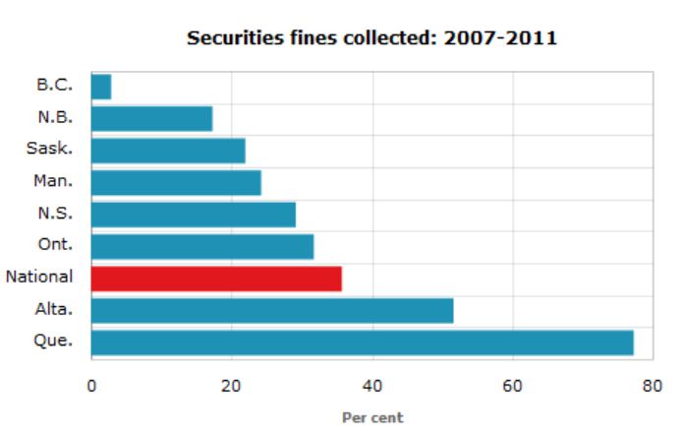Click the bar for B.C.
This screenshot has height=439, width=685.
(x=101, y=87)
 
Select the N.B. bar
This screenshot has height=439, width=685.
(x=151, y=119)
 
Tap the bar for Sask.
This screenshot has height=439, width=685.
(x=168, y=151)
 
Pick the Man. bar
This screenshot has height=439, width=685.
(x=176, y=183)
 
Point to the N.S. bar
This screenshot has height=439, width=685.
(x=194, y=215)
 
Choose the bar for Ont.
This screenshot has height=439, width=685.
(x=202, y=246)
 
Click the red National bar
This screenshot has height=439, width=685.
(x=216, y=279)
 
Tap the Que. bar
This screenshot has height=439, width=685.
(x=362, y=343)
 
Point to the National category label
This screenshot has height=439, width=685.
(x=38, y=279)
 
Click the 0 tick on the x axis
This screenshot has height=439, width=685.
(x=91, y=385)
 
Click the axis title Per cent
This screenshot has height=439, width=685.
(x=371, y=416)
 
